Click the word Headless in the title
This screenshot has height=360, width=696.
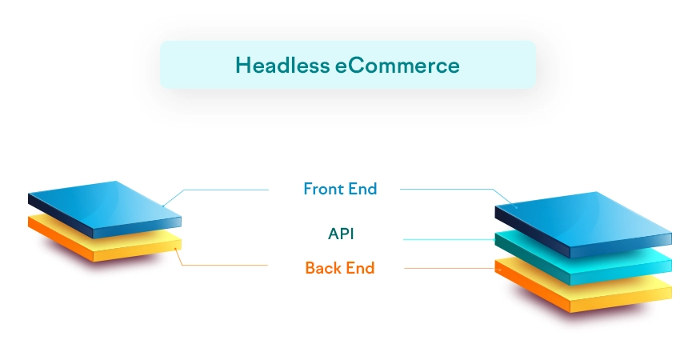point(280,65)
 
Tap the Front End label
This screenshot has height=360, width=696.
point(340,190)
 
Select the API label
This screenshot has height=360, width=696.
point(341,234)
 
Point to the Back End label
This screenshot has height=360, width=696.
point(340,268)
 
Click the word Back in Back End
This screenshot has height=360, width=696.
point(323,268)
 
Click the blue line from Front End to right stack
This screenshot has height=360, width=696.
point(448,190)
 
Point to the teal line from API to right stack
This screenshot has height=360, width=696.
point(448,239)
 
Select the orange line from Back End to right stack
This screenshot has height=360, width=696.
point(448,268)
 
